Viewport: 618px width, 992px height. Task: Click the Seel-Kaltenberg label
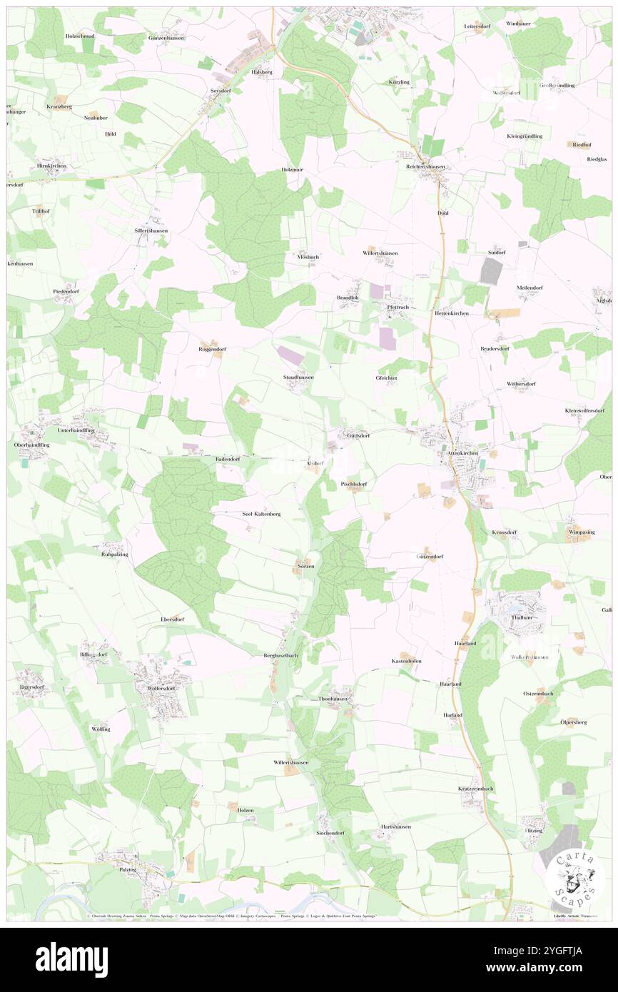click(x=262, y=513)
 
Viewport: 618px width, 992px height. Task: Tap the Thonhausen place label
click(x=333, y=699)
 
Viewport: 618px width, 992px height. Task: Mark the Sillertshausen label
click(x=151, y=231)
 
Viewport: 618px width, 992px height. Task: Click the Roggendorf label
click(x=212, y=349)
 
